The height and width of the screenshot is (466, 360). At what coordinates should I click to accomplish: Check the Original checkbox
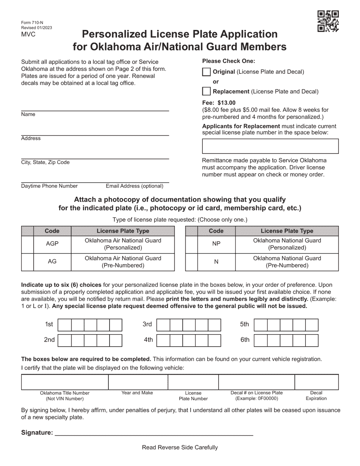click(207, 72)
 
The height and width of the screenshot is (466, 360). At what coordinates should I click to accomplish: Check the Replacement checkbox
click(207, 91)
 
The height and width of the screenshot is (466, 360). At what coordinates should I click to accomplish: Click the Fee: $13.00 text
click(219, 103)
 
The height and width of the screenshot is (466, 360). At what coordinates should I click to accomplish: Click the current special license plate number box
click(270, 146)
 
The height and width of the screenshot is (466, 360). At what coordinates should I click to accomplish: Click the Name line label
click(28, 114)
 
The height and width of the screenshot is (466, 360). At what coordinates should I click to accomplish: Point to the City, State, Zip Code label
click(45, 162)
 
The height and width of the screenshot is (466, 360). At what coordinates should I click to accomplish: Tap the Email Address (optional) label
click(135, 186)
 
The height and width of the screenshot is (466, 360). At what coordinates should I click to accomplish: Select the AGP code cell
click(52, 244)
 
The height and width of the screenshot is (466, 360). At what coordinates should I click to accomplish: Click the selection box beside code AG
click(27, 262)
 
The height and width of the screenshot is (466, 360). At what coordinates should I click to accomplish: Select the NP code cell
click(216, 244)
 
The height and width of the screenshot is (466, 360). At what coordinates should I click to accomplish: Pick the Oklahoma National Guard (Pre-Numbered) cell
click(287, 262)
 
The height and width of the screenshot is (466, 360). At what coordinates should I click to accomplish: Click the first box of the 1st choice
click(64, 325)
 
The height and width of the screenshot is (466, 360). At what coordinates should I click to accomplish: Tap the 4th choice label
click(148, 340)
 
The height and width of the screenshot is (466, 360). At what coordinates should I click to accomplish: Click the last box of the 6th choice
click(312, 340)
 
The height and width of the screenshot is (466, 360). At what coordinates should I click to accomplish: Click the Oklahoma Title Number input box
click(65, 382)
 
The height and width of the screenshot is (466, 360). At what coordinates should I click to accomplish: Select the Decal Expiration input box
click(316, 382)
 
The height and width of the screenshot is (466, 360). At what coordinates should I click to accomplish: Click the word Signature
click(37, 433)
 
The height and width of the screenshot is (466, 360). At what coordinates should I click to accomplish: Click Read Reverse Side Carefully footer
click(180, 447)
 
